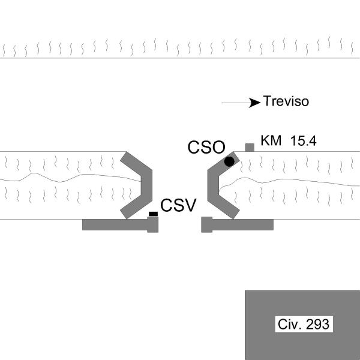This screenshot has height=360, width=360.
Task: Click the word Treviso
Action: pyautogui.click(x=286, y=101)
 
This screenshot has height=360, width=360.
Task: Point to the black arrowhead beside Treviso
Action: pyautogui.click(x=254, y=103)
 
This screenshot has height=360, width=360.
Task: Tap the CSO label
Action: pyautogui.click(x=206, y=147)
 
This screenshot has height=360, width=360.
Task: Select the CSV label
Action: pyautogui.click(x=178, y=205)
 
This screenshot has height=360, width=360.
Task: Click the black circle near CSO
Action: pyautogui.click(x=229, y=161)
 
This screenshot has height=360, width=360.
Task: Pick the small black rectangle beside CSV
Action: pyautogui.click(x=153, y=214)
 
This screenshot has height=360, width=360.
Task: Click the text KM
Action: pyautogui.click(x=271, y=140)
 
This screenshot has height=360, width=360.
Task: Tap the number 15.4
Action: pyautogui.click(x=303, y=141)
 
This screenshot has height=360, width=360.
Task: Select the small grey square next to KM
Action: pyautogui.click(x=250, y=148)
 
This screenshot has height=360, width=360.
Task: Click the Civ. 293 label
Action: pyautogui.click(x=304, y=324)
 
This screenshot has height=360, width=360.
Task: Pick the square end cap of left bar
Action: pyautogui.click(x=152, y=224)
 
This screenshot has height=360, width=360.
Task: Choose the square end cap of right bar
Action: pyautogui.click(x=206, y=224)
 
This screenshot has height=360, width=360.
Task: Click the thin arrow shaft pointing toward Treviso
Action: pyautogui.click(x=236, y=103)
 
